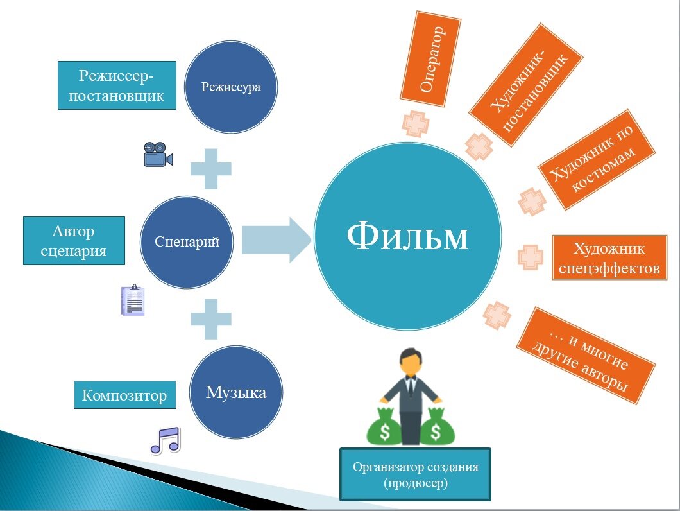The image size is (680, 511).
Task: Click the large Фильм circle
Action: [407, 238]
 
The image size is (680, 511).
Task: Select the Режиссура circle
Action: [231, 87]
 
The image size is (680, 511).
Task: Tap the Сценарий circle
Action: [187, 242]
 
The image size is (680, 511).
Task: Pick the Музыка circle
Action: [235, 392]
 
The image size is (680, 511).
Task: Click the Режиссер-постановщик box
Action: [117, 85]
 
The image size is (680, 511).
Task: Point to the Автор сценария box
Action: [73, 241]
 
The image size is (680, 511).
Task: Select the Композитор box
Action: [124, 395]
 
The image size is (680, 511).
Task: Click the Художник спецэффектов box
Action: [609, 258]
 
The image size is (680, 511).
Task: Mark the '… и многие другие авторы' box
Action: [585, 356]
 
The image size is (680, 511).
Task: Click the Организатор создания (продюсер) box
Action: [415, 474]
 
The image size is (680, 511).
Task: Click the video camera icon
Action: [158, 154]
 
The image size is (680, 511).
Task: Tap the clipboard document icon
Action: [133, 300]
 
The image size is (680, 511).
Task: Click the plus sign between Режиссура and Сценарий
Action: [211, 168]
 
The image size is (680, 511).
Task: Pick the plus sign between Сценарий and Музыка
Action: [211, 318]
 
